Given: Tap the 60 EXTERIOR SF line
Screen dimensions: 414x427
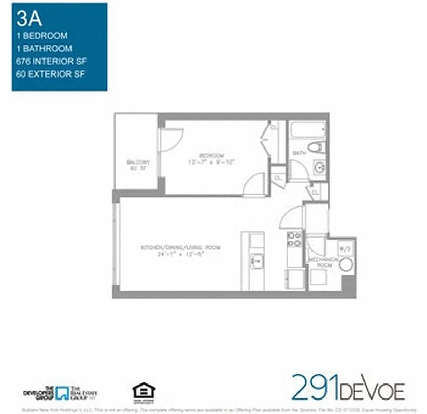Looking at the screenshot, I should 50,73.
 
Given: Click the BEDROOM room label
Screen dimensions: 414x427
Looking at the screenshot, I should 212,156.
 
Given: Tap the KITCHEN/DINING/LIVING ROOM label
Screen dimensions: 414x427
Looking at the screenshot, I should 180,248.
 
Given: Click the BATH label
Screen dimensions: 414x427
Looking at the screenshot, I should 299,153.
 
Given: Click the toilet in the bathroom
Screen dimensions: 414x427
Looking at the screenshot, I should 316,147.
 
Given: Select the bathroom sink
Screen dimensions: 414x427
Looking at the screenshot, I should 320,167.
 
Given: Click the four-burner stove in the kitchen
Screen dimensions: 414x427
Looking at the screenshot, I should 294,239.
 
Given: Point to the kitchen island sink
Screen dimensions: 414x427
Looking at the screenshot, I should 255,261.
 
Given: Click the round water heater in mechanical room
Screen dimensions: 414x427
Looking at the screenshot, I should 346,264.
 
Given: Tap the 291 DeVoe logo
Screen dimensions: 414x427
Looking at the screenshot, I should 348,387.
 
